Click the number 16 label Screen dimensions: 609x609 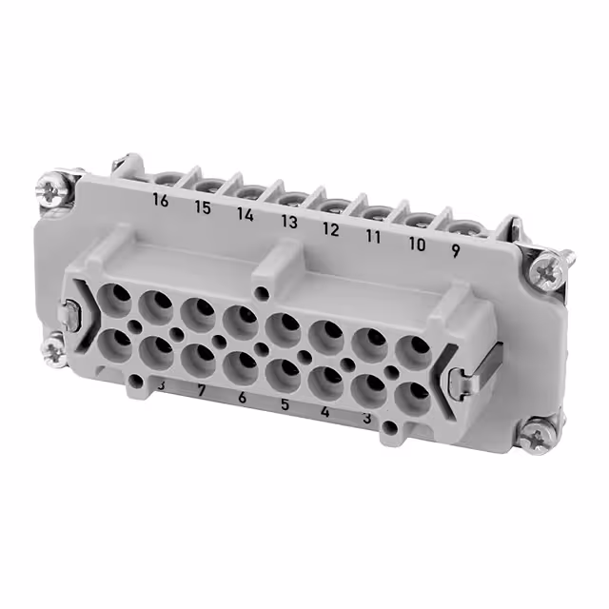(x=161, y=201)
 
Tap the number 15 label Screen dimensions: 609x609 (x=204, y=207)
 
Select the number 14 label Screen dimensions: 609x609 (x=246, y=215)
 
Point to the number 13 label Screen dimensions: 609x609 (x=288, y=223)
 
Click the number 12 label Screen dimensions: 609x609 (x=330, y=229)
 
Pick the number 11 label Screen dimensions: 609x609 (x=373, y=237)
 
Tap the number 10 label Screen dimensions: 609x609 (x=416, y=244)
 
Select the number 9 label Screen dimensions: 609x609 (x=456, y=251)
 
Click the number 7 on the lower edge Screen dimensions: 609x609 (x=200, y=391)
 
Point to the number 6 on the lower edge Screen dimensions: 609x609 (x=242, y=399)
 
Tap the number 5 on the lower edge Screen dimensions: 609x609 (x=285, y=406)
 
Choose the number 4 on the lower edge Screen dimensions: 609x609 (x=325, y=413)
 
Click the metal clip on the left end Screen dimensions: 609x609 (x=69, y=313)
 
